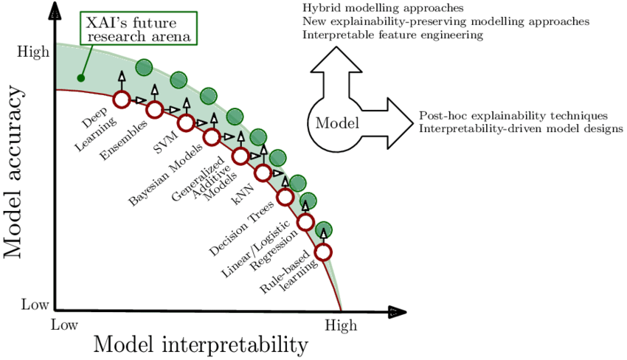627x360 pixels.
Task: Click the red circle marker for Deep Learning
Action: (122, 98)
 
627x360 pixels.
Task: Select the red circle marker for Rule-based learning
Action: (323, 252)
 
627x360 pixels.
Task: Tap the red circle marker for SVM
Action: (185, 123)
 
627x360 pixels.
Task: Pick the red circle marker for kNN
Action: (263, 173)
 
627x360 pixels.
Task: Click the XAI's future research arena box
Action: (139, 27)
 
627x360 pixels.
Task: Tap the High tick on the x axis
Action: (340, 325)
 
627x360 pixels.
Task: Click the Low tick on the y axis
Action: (35, 304)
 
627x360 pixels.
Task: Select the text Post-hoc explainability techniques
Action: (513, 116)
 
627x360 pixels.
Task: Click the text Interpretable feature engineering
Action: (392, 35)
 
